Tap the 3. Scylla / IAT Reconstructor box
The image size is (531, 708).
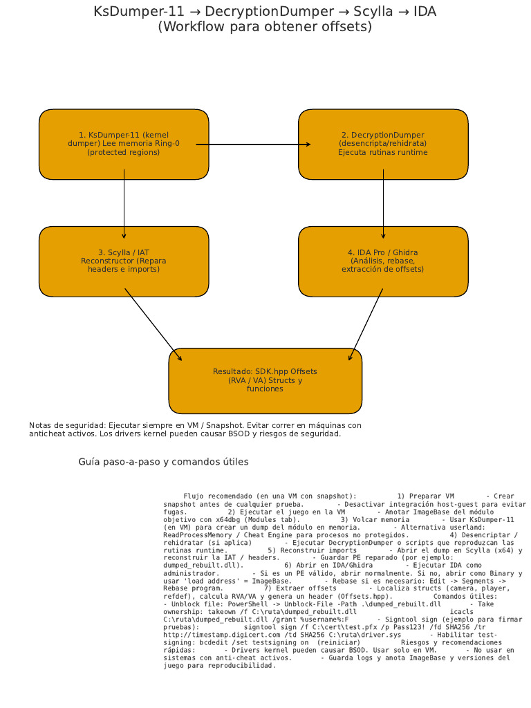(124, 277)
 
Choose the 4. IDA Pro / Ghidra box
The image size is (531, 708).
(383, 277)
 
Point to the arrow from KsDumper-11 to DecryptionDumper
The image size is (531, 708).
(253, 145)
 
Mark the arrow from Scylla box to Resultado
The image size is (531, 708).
(153, 325)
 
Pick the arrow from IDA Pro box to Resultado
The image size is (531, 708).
(366, 325)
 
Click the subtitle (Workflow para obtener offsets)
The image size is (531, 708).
(265, 27)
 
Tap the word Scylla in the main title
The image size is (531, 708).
(354, 12)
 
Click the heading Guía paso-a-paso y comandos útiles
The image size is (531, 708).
(163, 461)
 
